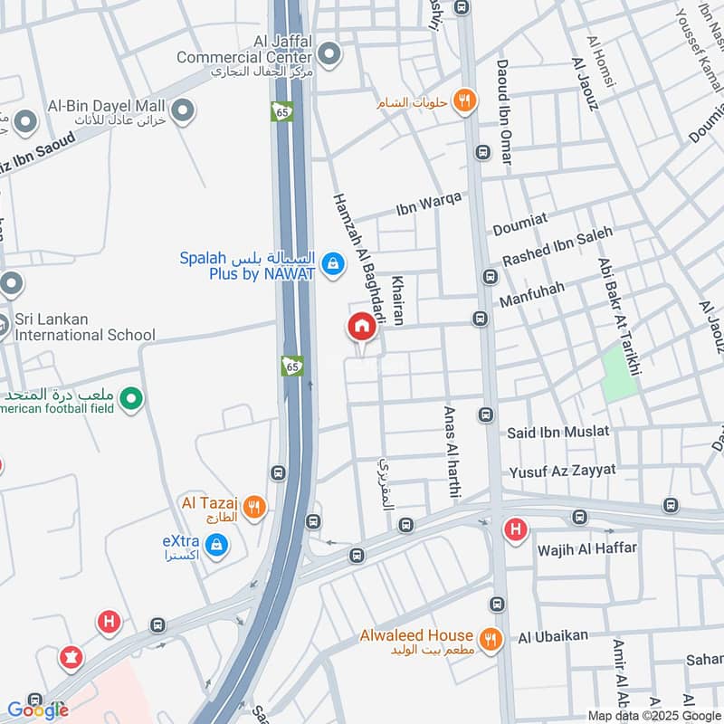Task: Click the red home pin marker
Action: tap(360, 327)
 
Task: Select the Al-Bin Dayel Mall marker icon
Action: tap(183, 111)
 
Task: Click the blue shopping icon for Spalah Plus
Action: tap(333, 263)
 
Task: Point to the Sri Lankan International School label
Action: tap(85, 328)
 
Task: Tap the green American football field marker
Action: tap(131, 398)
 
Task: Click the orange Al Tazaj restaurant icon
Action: tap(254, 507)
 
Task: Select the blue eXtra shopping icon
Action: tap(215, 545)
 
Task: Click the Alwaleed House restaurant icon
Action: tap(491, 640)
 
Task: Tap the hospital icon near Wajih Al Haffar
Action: tap(515, 529)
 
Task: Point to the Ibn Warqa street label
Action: tap(429, 205)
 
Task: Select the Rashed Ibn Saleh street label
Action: tap(557, 246)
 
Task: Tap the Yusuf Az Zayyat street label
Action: tap(562, 471)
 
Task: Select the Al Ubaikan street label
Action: tap(553, 637)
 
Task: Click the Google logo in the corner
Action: tap(38, 710)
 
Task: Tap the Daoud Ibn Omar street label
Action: tap(504, 112)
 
